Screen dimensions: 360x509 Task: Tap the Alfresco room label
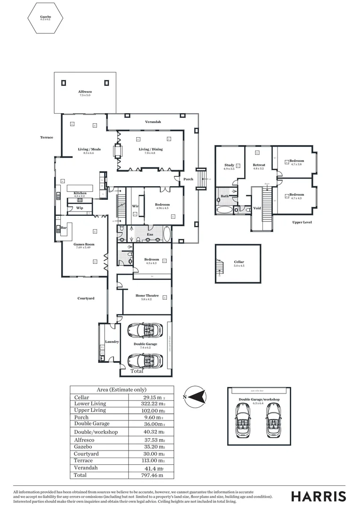tap(85, 93)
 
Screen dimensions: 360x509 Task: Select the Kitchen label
tap(80, 194)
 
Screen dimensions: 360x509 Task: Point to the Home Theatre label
tap(147, 296)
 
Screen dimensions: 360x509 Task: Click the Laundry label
tap(112, 342)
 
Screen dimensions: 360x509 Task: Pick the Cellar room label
tap(239, 262)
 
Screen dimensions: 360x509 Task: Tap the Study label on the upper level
tap(229, 165)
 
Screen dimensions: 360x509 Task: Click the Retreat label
tap(259, 165)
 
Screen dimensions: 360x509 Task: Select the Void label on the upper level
tap(257, 208)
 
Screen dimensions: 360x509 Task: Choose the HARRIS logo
tap(319, 496)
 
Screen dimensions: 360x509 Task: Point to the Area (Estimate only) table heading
tap(122, 390)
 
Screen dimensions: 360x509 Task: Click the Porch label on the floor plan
tap(188, 179)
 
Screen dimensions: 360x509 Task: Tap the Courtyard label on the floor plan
tap(86, 298)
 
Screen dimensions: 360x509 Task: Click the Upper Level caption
tap(302, 222)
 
